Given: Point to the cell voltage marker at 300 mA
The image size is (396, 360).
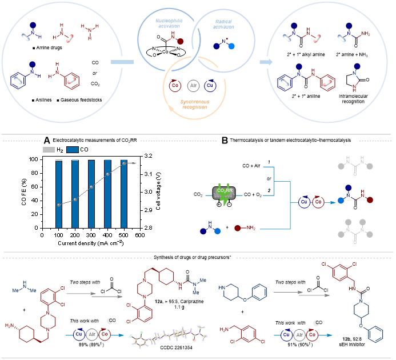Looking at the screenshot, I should [91, 187].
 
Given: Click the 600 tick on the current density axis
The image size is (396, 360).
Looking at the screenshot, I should [139, 234].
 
